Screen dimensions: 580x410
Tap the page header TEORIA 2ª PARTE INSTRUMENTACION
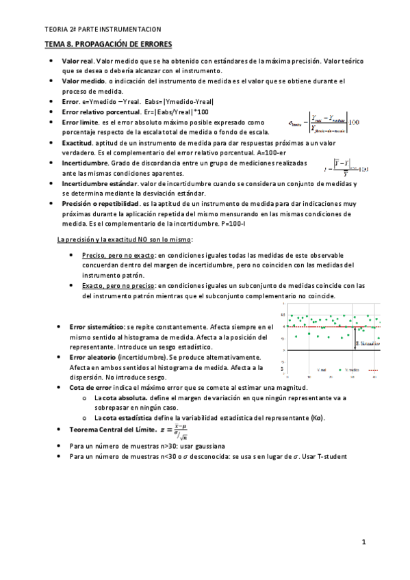point(102,29)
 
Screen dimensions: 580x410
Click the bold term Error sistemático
point(97,327)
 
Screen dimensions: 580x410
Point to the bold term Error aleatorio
point(92,357)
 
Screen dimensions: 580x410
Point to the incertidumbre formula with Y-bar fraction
point(346,168)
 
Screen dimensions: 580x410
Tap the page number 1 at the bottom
point(364,542)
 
